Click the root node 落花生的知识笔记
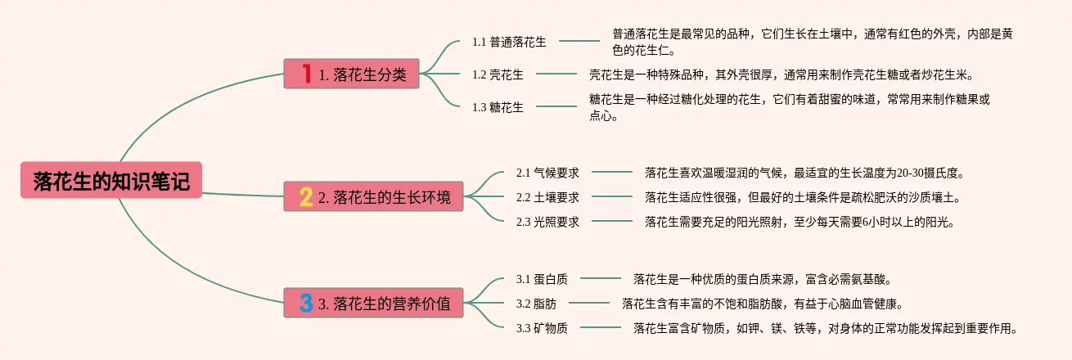pyautogui.click(x=110, y=182)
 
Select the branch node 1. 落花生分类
pyautogui.click(x=352, y=74)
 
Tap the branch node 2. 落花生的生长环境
pyautogui.click(x=373, y=196)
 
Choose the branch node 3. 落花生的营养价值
pyautogui.click(x=373, y=304)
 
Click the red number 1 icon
pyautogui.click(x=306, y=74)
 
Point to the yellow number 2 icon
pyautogui.click(x=306, y=196)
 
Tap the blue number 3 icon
pyautogui.click(x=306, y=304)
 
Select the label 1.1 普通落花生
pyautogui.click(x=509, y=41)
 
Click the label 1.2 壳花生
pyautogui.click(x=498, y=74)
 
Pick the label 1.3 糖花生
pyautogui.click(x=498, y=106)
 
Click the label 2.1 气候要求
pyautogui.click(x=547, y=173)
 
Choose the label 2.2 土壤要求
pyautogui.click(x=547, y=197)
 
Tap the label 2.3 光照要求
pyautogui.click(x=547, y=221)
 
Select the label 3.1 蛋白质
pyautogui.click(x=542, y=279)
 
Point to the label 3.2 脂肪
pyautogui.click(x=536, y=304)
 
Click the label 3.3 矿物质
pyautogui.click(x=542, y=328)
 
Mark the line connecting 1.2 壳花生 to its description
pyautogui.click(x=556, y=74)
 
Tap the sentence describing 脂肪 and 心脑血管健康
pyautogui.click(x=762, y=304)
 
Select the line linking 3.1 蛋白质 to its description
pyautogui.click(x=600, y=279)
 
